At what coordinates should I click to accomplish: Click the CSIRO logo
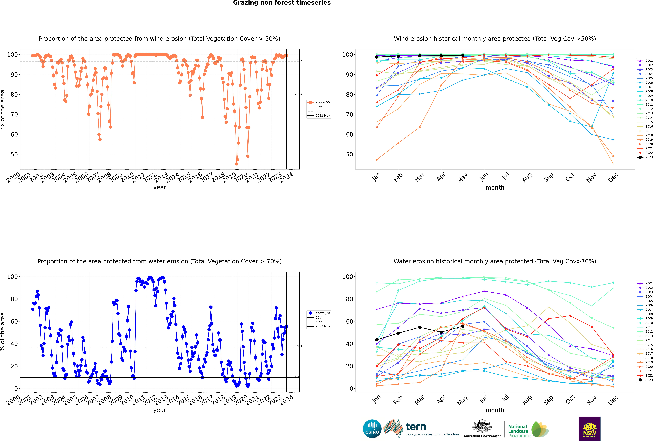click(x=372, y=429)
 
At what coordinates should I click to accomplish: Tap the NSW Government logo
click(x=590, y=428)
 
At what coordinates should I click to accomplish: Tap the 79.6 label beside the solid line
click(x=298, y=94)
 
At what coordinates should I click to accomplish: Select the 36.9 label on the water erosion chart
click(x=298, y=346)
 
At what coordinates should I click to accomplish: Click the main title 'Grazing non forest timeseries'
click(x=282, y=3)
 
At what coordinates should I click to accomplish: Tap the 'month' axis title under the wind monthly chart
click(x=495, y=188)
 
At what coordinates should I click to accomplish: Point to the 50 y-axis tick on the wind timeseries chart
click(x=14, y=154)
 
